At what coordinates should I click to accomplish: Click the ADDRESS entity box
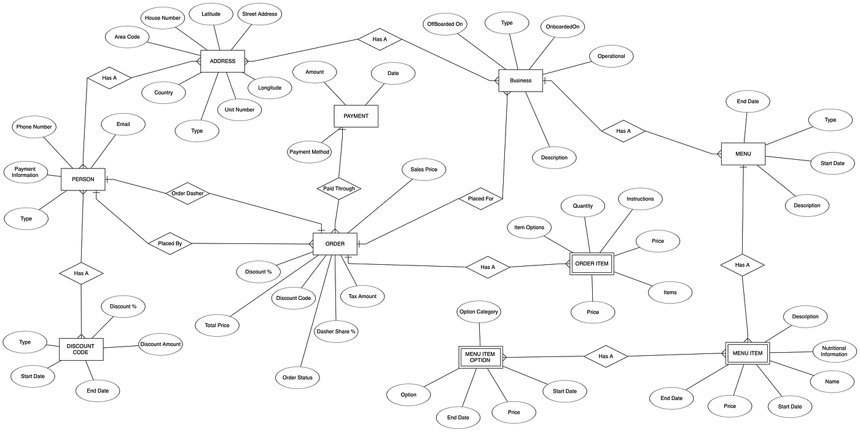point(222,61)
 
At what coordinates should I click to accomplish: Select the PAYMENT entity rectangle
point(356,116)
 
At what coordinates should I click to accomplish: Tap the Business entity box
point(520,81)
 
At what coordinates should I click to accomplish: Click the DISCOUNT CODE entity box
point(81,350)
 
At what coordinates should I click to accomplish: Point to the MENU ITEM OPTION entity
point(480,357)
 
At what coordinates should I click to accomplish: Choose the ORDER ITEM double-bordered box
point(592,264)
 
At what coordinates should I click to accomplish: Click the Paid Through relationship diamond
point(339,189)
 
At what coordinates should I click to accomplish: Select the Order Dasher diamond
point(188,194)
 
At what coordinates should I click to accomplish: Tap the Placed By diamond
point(170,243)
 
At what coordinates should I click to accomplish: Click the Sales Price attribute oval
point(423,170)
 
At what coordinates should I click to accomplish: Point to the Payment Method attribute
point(309,152)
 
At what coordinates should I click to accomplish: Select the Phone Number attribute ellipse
point(34,127)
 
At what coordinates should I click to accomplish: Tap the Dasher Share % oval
point(336,331)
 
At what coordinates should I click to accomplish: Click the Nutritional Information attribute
point(834,351)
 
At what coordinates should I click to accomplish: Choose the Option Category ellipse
point(479,312)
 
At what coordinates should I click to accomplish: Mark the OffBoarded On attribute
point(445,24)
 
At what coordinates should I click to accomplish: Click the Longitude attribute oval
point(270,88)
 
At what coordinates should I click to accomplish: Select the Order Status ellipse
point(297,377)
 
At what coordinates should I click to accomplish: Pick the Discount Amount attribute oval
point(160,344)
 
